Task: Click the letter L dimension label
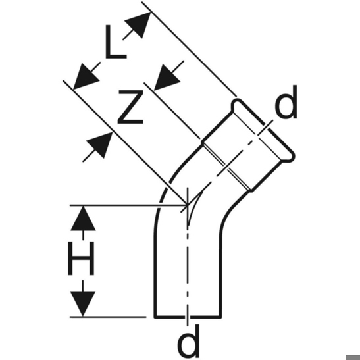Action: point(115,41)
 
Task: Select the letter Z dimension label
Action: point(130,107)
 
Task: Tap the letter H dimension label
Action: point(81,258)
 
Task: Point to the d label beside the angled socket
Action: point(286,102)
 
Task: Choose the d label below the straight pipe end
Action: point(188,340)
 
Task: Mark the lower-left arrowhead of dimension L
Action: point(86,76)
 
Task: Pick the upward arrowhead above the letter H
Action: point(83,218)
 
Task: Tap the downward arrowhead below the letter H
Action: point(83,304)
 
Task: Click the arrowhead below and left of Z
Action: point(99,145)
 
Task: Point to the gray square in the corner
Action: point(353,357)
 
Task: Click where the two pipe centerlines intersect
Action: point(188,204)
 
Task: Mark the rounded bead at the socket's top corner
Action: point(236,105)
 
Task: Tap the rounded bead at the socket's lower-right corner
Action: point(289,157)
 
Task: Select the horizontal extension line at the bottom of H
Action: point(108,317)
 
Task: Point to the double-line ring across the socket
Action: point(227,168)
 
